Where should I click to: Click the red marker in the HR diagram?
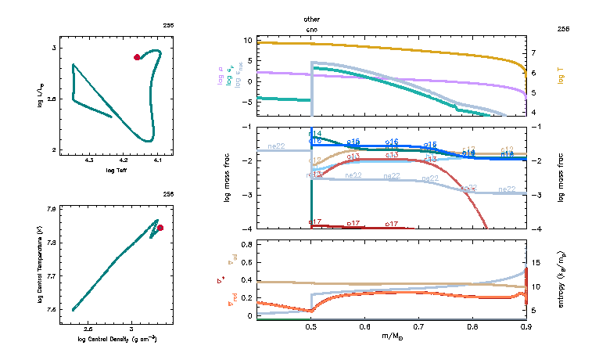coord(137,57)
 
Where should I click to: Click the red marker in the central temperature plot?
coord(160,228)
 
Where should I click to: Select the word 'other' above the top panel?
coord(312,18)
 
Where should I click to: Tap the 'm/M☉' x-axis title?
coord(392,338)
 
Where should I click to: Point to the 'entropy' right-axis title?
coord(561,279)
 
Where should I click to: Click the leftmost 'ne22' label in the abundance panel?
coord(276,146)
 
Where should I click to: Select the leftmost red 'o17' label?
coord(315,223)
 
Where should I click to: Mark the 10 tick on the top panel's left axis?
coord(246,40)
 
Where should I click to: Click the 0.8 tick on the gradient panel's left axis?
coord(246,245)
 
